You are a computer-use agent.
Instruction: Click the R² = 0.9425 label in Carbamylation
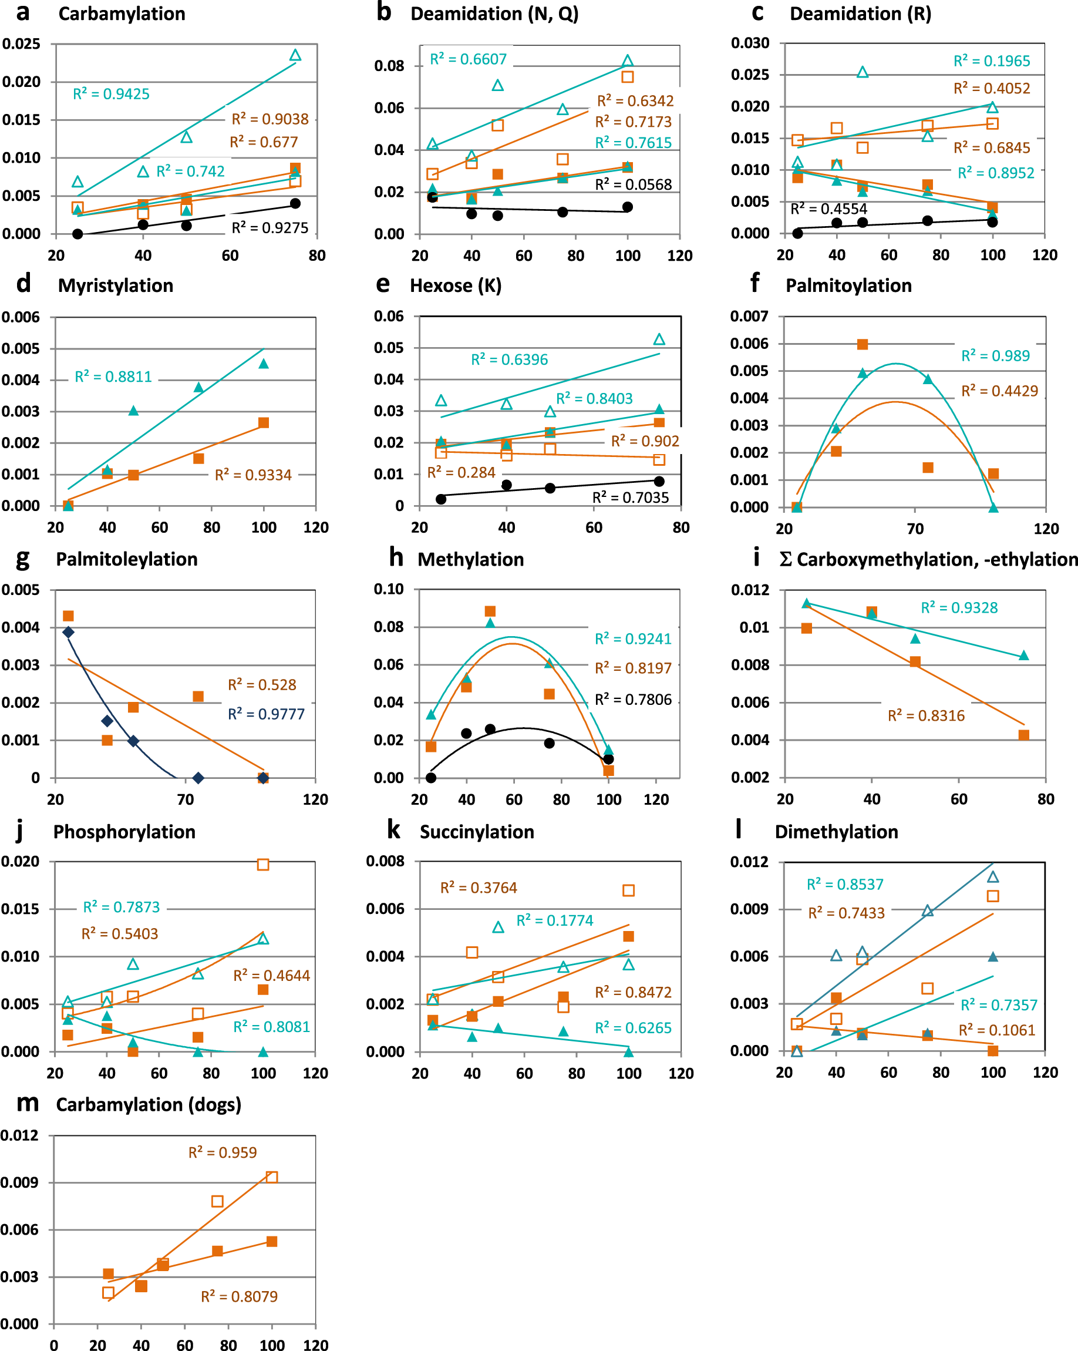tap(111, 94)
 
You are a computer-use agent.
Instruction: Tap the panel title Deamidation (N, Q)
tap(494, 14)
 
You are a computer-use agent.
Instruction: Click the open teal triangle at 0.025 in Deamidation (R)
tap(863, 73)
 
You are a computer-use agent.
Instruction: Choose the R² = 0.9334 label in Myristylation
tap(253, 475)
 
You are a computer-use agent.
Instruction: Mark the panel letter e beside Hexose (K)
tap(383, 284)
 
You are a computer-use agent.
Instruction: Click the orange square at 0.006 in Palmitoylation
tap(863, 345)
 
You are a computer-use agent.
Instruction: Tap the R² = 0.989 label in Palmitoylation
tap(995, 356)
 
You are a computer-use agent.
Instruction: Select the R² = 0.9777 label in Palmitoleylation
tap(265, 714)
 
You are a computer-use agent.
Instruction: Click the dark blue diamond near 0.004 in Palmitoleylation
tap(68, 632)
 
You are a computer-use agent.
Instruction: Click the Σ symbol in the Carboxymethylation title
tap(786, 560)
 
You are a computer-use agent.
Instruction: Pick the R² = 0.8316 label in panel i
tap(926, 715)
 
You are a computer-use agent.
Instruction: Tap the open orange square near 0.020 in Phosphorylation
tap(263, 865)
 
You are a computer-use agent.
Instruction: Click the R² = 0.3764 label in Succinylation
tap(479, 888)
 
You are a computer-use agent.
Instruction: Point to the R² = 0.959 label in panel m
tap(223, 1152)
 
